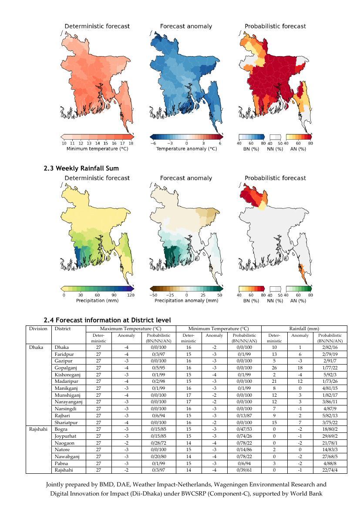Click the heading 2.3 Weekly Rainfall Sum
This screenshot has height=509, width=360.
81,168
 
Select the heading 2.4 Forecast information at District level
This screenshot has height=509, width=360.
107,320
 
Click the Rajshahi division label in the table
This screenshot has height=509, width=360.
38,429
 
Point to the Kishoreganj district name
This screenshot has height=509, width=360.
67,375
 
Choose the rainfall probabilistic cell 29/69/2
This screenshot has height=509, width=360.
330,436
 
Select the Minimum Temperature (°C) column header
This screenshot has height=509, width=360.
218,328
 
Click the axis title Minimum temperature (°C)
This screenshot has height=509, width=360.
97,149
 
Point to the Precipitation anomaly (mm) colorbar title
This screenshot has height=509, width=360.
186,301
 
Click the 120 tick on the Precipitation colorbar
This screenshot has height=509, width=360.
131,295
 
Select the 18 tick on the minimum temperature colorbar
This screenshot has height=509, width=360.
131,143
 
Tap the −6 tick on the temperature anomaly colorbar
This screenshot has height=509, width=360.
153,143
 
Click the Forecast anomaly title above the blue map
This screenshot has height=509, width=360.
186,26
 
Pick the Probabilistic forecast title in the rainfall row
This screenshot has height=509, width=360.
275,178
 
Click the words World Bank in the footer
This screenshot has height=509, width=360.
307,493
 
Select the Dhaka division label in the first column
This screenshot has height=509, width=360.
36,348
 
